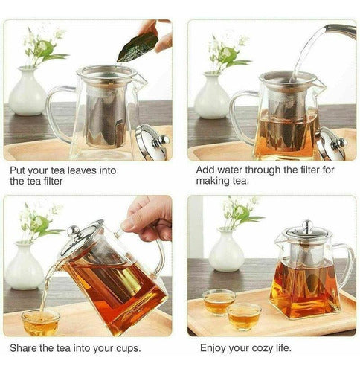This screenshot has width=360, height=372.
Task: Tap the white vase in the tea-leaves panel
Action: click(x=28, y=92)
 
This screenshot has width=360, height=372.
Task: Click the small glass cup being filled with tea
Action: click(x=40, y=322)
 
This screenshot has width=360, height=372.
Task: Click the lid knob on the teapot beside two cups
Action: click(x=305, y=224)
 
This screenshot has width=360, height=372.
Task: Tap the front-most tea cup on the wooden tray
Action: click(x=244, y=315)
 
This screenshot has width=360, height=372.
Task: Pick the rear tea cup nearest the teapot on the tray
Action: click(x=219, y=301)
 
